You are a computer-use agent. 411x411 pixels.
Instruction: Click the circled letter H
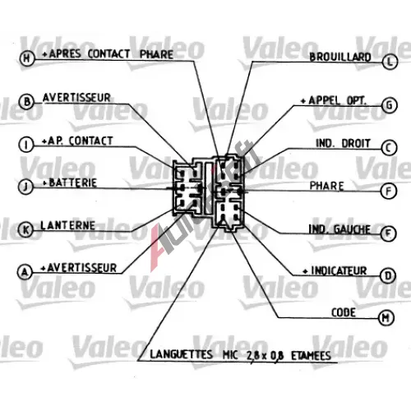click(x=27, y=58)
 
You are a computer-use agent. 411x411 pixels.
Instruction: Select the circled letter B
click(x=26, y=102)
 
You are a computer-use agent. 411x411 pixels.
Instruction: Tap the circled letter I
click(x=26, y=145)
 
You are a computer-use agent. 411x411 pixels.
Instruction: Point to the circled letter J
click(x=25, y=187)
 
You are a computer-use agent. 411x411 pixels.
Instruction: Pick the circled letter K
click(x=25, y=229)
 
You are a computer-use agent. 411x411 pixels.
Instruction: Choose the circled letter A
click(x=25, y=272)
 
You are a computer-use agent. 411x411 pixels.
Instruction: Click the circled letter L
click(x=390, y=62)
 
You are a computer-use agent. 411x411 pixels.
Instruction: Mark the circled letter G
click(x=390, y=105)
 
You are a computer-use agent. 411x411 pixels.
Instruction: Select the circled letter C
click(x=389, y=148)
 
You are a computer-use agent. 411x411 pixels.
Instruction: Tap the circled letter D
click(x=388, y=275)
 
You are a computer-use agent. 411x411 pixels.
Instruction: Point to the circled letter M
click(x=386, y=318)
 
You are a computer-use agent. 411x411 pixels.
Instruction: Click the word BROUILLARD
click(x=340, y=57)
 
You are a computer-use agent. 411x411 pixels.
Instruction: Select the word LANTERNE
click(x=67, y=225)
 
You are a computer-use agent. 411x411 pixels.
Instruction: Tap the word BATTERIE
click(x=73, y=182)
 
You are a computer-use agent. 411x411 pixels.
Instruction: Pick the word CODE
click(x=344, y=312)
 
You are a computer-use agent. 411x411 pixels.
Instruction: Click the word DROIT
click(x=356, y=143)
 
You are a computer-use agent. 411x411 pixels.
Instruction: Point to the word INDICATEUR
click(x=339, y=271)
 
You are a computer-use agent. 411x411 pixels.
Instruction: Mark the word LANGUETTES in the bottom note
click(x=182, y=354)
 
